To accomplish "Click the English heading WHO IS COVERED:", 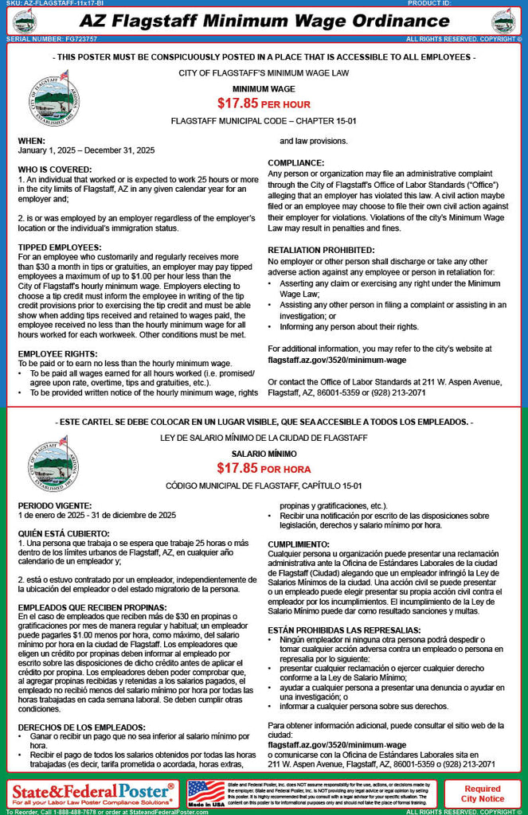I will (x=54, y=170).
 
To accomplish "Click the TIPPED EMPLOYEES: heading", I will (x=59, y=248).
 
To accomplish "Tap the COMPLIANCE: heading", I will (x=295, y=162).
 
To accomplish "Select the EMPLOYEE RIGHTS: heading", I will (x=58, y=354).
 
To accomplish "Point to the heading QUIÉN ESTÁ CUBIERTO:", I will (x=65, y=532).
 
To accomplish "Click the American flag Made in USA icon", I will (x=206, y=794).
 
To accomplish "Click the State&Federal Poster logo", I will (x=92, y=790).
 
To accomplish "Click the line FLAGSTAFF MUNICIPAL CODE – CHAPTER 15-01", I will (x=263, y=120).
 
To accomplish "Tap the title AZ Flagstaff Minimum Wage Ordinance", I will (x=264, y=19).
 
